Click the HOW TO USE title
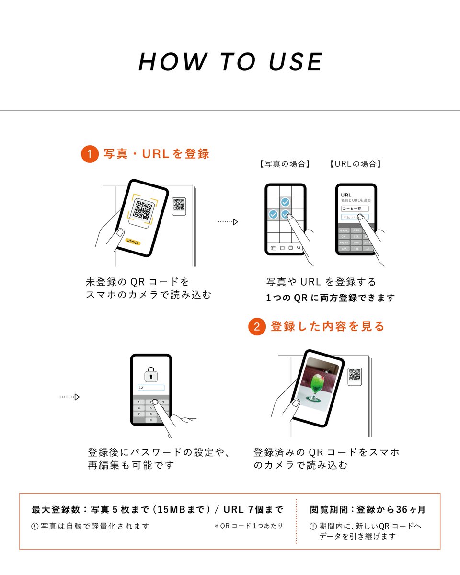pyautogui.click(x=230, y=62)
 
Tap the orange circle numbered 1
pyautogui.click(x=90, y=154)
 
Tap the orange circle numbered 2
pyautogui.click(x=257, y=327)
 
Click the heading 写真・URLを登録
pyautogui.click(x=157, y=154)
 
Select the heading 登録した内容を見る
pyautogui.click(x=328, y=326)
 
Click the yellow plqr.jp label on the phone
pyautogui.click(x=133, y=243)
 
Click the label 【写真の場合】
pyautogui.click(x=285, y=164)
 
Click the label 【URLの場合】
pyautogui.click(x=356, y=164)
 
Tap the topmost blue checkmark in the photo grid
pyautogui.click(x=285, y=202)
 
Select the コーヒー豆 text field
pyautogui.click(x=355, y=209)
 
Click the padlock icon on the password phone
pyautogui.click(x=151, y=375)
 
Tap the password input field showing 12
pyautogui.click(x=150, y=388)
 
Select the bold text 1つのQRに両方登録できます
pyautogui.click(x=331, y=298)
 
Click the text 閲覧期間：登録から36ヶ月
pyautogui.click(x=368, y=509)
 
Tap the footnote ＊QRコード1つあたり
pyautogui.click(x=249, y=526)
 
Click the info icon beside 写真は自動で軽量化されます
pyautogui.click(x=34, y=526)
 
